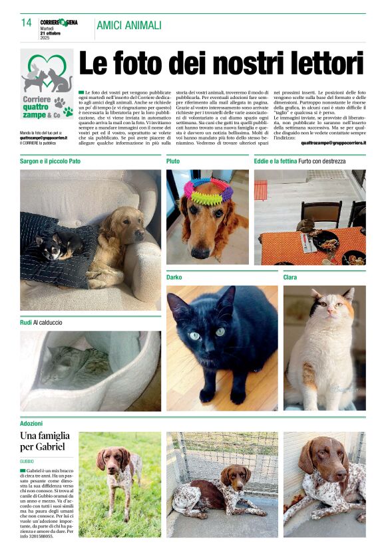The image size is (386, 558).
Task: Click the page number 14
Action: point(27,23)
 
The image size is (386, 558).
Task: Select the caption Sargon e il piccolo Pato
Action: point(51,161)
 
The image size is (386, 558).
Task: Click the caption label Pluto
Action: point(173,161)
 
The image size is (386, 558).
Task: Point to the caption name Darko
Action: point(174,277)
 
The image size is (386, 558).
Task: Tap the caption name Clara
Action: point(290,277)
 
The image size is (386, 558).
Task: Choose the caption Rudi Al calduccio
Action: point(41,323)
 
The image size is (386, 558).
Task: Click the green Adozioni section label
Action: point(31,423)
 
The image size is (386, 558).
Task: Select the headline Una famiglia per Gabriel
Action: point(45,441)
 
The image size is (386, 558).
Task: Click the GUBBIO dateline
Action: point(28,460)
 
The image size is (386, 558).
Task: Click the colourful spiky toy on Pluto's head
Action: point(208,189)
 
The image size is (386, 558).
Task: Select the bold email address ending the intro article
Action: point(333,142)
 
